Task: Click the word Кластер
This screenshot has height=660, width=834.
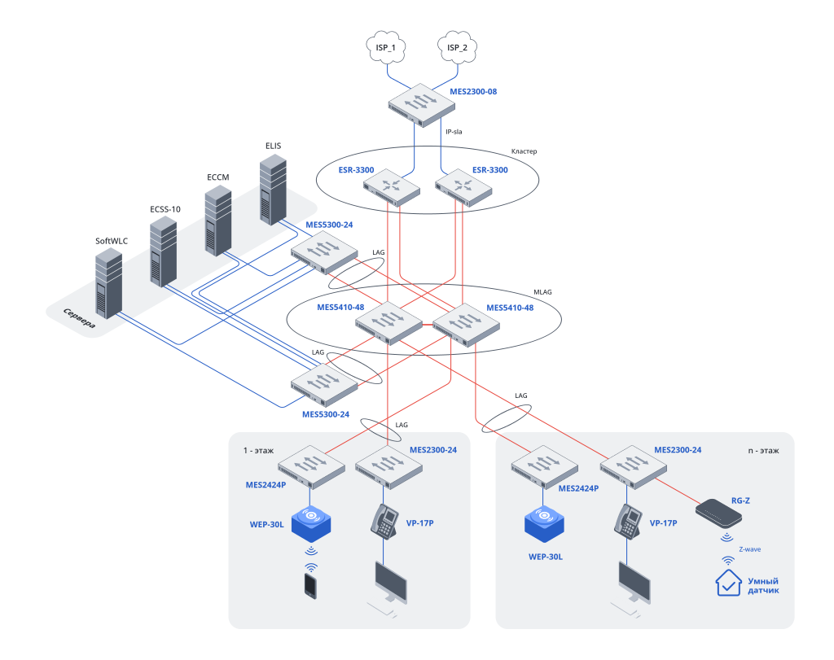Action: click(524, 151)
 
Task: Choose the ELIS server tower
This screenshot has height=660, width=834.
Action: click(273, 191)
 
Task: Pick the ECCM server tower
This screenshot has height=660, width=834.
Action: click(217, 220)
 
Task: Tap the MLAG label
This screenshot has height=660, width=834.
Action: click(542, 291)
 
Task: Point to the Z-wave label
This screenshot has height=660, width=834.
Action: click(750, 549)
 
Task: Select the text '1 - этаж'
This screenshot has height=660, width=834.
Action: click(258, 450)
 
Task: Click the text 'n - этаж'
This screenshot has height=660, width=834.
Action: click(764, 450)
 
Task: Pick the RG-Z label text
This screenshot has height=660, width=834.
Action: click(740, 501)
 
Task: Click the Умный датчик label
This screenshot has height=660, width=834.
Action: click(763, 586)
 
